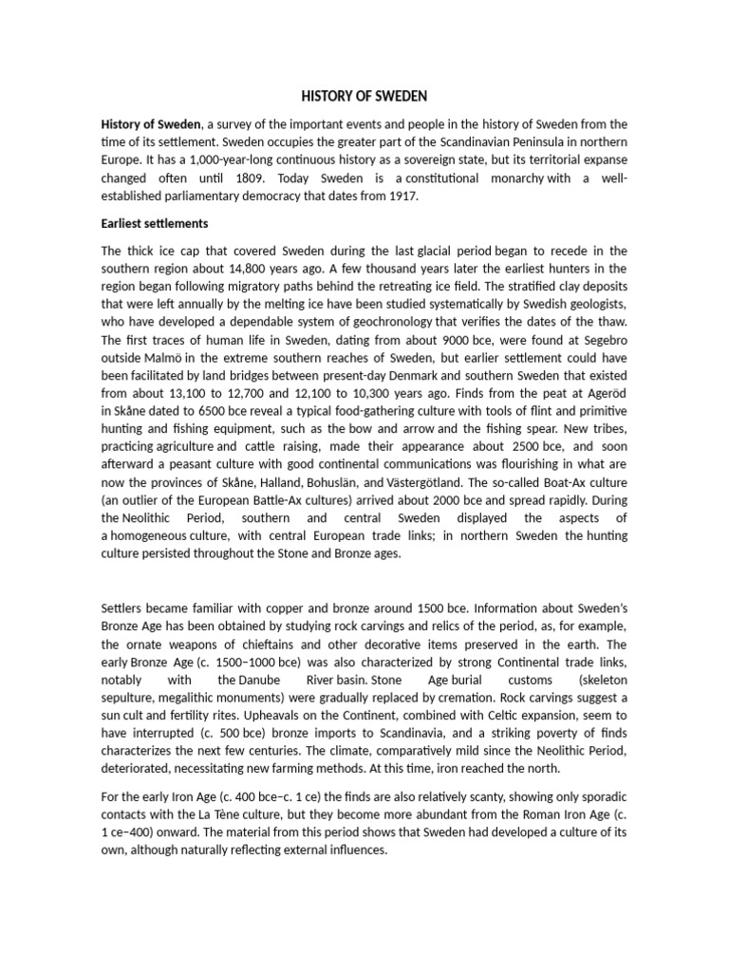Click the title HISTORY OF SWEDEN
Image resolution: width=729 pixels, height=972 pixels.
coord(364,96)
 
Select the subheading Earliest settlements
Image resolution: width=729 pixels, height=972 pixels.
coord(154,224)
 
